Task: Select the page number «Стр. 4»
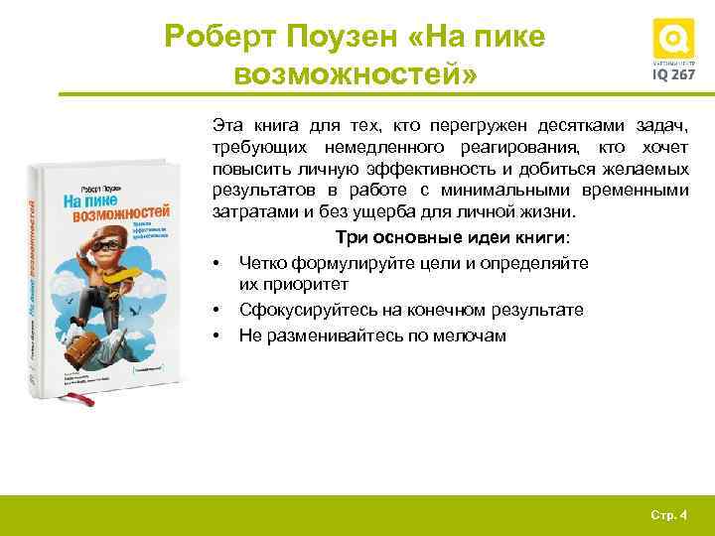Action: point(668,514)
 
